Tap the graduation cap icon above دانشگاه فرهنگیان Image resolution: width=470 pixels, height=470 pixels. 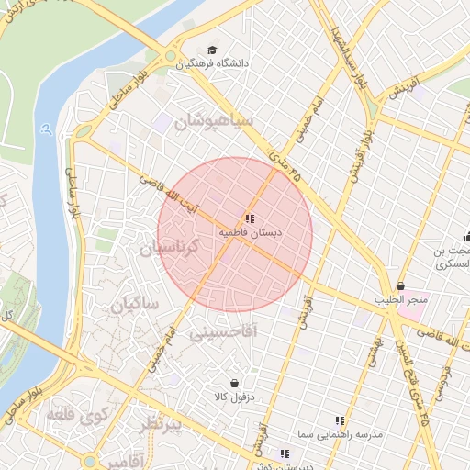pyautogui.click(x=213, y=50)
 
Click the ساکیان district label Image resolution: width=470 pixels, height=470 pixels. pyautogui.click(x=135, y=304)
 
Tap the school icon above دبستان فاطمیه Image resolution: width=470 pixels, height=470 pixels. pyautogui.click(x=250, y=218)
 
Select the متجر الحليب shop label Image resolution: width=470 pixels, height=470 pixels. pyautogui.click(x=400, y=300)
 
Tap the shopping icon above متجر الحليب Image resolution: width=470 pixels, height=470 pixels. pyautogui.click(x=400, y=285)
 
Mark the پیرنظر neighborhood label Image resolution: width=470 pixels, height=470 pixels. pyautogui.click(x=162, y=423)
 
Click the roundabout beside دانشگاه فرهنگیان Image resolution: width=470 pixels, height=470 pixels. pyautogui.click(x=171, y=58)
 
